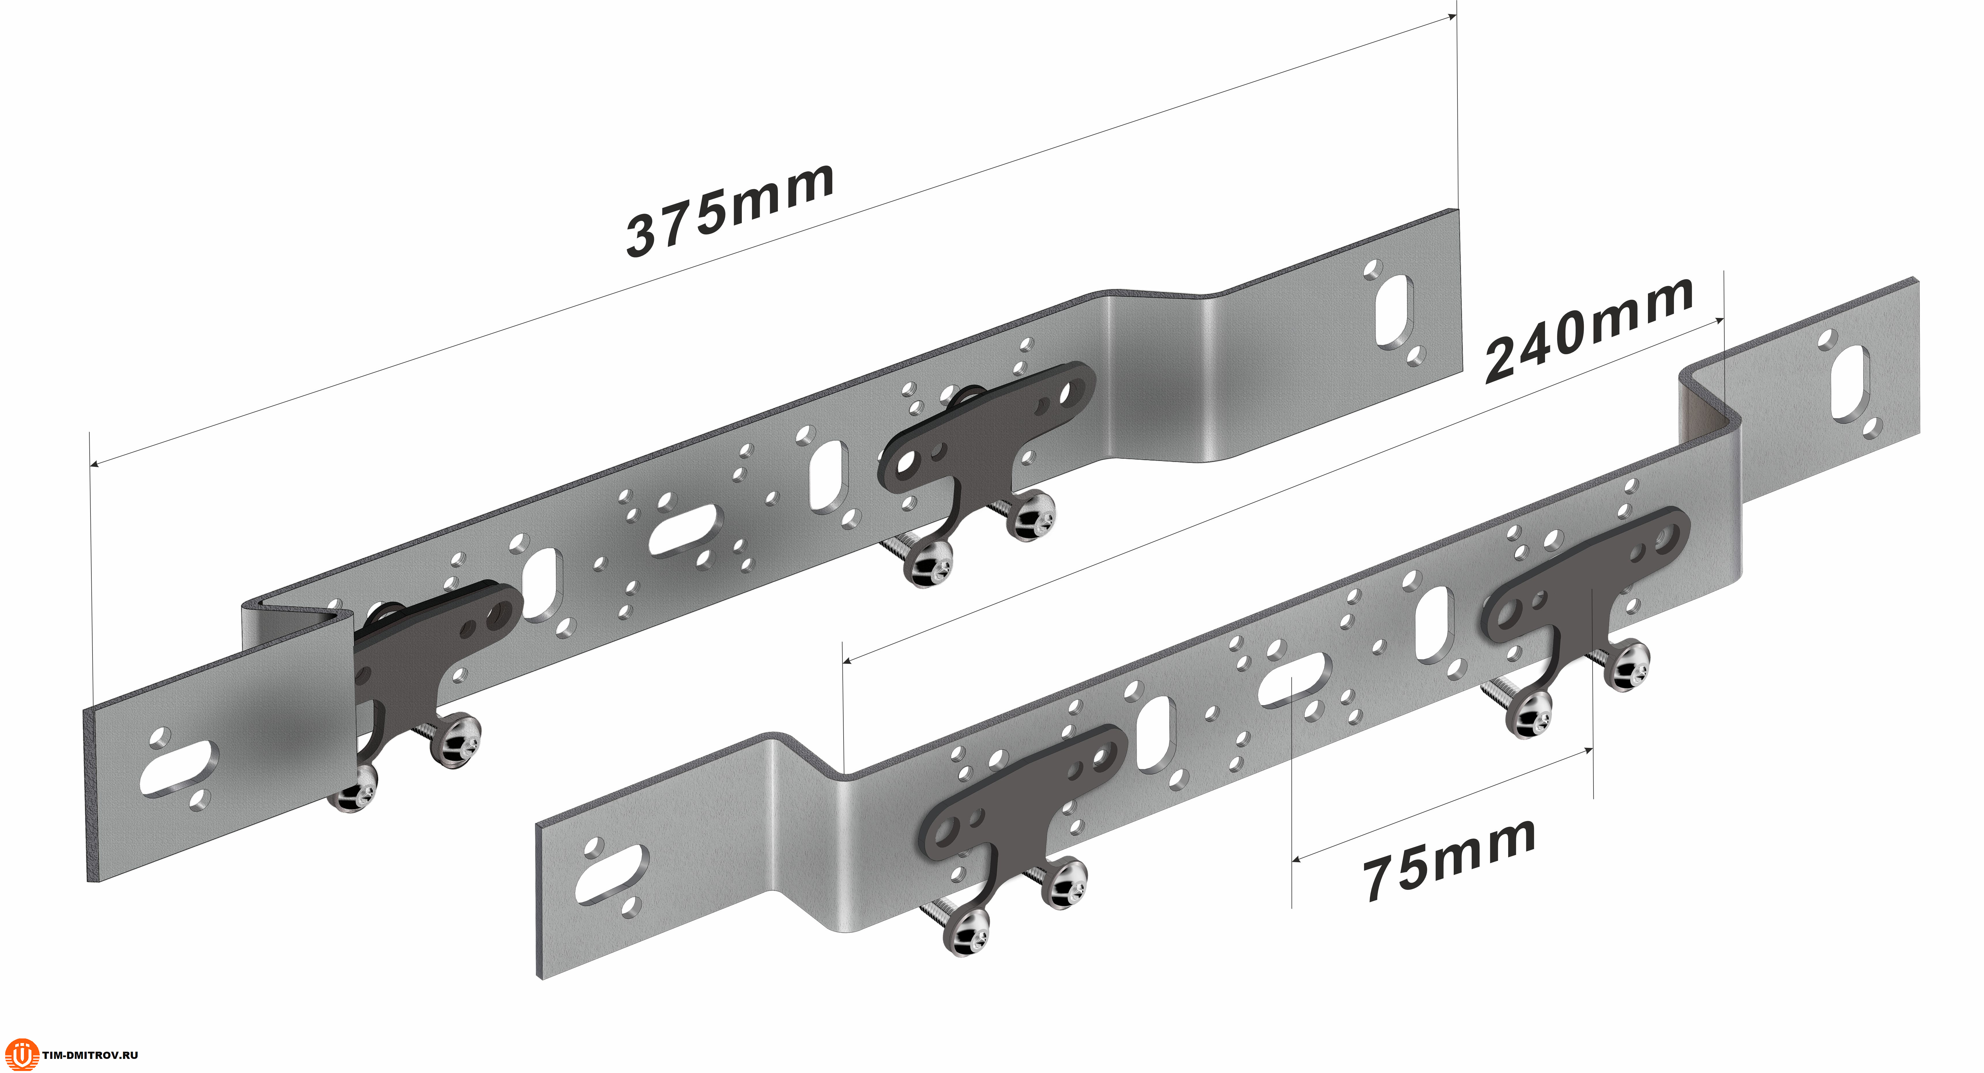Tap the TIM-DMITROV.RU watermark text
90,1055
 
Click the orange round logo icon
22,1054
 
